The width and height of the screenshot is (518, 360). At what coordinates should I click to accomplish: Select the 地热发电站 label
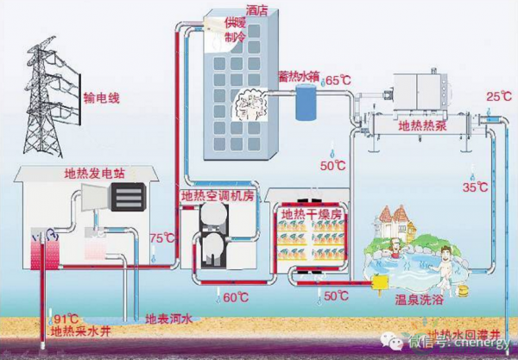95,173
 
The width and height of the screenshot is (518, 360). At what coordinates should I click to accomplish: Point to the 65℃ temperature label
338,80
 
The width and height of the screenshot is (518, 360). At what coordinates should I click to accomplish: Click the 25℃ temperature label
499,95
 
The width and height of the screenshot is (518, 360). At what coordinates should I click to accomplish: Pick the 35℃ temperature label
475,186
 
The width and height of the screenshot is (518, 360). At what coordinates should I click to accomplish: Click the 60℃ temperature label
237,298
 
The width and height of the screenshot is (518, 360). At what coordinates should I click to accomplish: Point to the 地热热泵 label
420,126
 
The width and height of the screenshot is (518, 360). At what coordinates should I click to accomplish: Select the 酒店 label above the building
256,10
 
